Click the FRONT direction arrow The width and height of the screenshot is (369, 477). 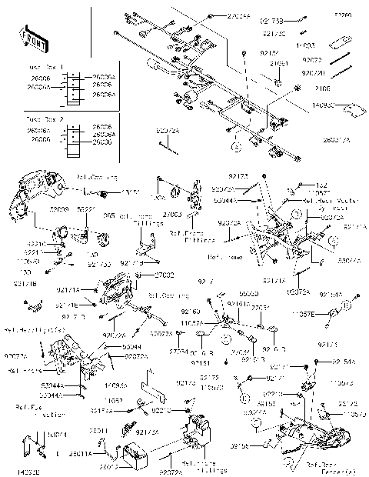tap(29, 35)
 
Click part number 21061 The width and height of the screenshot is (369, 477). tap(278, 63)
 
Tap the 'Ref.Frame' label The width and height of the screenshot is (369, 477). tap(224, 259)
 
